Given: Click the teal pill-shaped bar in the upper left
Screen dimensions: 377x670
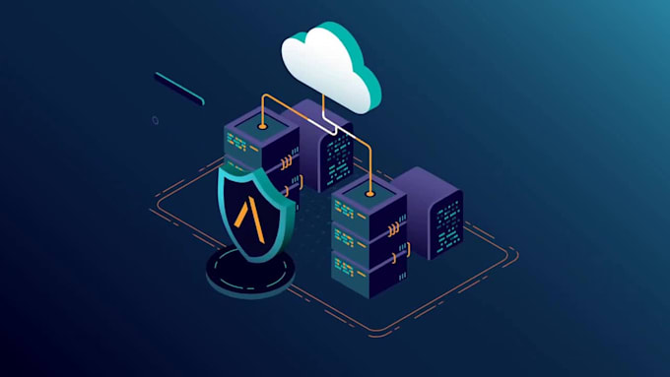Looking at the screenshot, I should coord(179,88).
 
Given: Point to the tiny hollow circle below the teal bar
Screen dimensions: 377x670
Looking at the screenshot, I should coord(155,120).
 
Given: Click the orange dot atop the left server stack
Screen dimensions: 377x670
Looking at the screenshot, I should coord(262,127).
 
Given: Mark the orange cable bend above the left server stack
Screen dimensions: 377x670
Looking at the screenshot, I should coord(263,100).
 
